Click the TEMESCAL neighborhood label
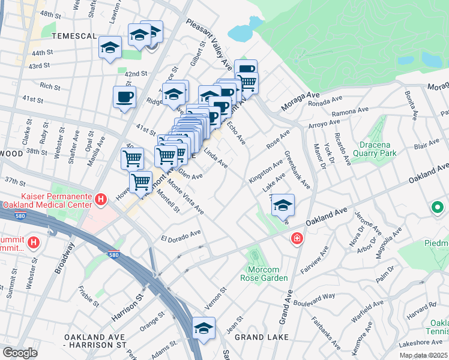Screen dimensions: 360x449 click(x=74, y=36)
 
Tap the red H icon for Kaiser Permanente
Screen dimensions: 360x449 click(x=102, y=199)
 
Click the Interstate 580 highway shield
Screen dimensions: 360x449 click(x=114, y=255)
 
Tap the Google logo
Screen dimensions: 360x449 click(x=20, y=353)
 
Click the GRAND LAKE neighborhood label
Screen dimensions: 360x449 click(x=262, y=338)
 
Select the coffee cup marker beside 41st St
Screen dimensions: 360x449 click(x=124, y=97)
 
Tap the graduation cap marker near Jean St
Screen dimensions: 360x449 click(x=204, y=328)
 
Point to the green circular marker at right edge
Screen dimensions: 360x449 click(x=438, y=208)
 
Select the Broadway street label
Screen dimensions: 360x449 click(x=65, y=258)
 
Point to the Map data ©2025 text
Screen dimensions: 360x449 click(x=424, y=355)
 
